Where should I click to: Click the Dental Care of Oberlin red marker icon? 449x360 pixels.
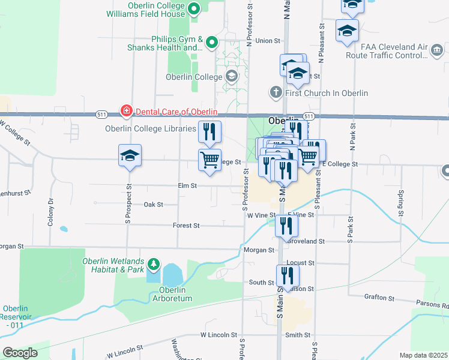(127, 110)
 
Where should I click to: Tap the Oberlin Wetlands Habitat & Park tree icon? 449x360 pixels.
(154, 263)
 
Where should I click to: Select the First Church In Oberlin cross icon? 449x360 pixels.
(276, 92)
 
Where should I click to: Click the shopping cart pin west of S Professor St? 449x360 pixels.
(209, 160)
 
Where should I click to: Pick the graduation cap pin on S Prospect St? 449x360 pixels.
(130, 156)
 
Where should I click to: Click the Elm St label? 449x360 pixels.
(187, 186)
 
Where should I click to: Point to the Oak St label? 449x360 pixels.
(154, 205)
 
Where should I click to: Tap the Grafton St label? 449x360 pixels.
(379, 298)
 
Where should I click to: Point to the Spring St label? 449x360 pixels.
(400, 202)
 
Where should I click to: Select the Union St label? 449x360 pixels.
(268, 41)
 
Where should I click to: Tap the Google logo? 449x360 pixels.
(20, 353)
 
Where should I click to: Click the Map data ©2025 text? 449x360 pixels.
(423, 355)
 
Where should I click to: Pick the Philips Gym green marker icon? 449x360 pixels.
(211, 43)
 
